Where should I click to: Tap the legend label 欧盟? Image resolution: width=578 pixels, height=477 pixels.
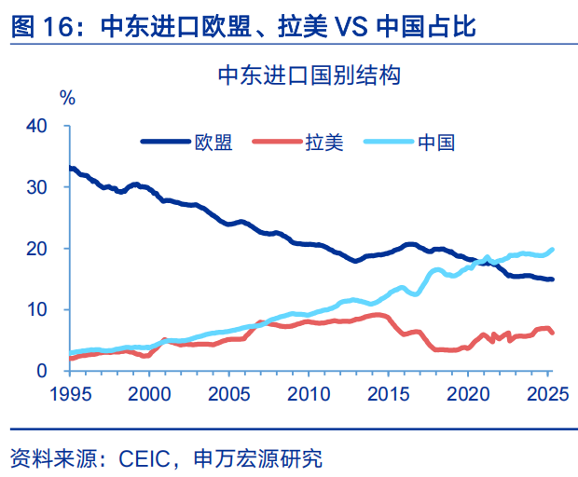(213, 143)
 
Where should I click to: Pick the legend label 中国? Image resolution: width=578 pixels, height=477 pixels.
(435, 143)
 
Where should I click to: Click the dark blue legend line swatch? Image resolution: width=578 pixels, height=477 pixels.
(165, 143)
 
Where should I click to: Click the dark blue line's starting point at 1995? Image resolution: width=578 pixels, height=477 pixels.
(71, 169)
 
